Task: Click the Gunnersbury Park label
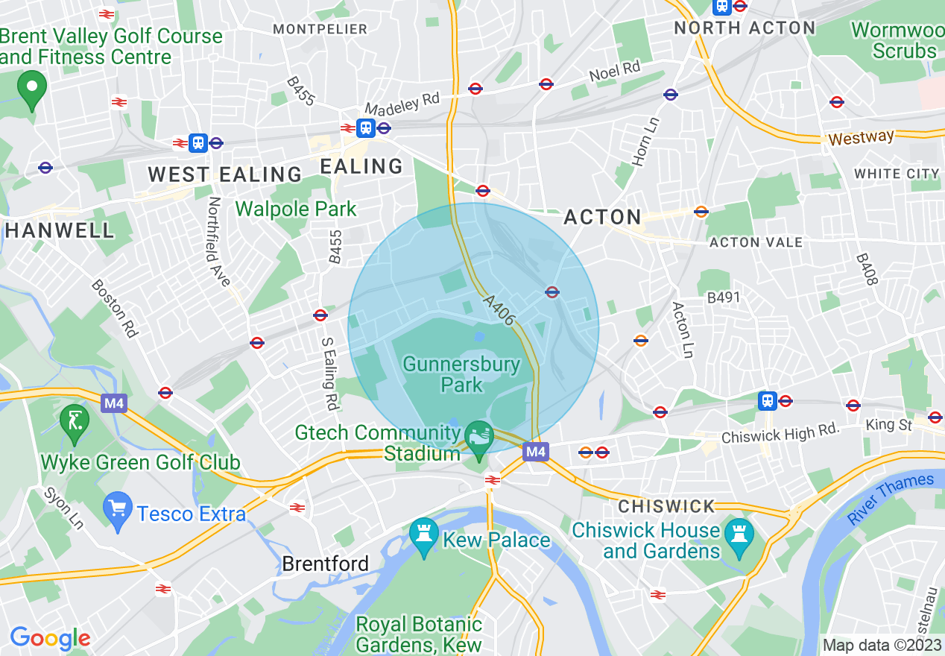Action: pyautogui.click(x=461, y=374)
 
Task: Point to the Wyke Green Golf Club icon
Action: pyautogui.click(x=75, y=423)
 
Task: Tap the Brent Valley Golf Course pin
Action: pyautogui.click(x=31, y=89)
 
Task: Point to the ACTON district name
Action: pyautogui.click(x=602, y=217)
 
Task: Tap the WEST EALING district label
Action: pyautogui.click(x=224, y=174)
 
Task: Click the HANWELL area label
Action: pyautogui.click(x=60, y=230)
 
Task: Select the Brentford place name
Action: pyautogui.click(x=325, y=564)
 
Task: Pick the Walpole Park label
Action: pyautogui.click(x=296, y=209)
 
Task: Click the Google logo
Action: pyautogui.click(x=50, y=638)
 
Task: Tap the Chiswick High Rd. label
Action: pyautogui.click(x=780, y=432)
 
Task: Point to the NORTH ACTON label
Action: pyautogui.click(x=745, y=28)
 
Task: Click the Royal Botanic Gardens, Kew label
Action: pyautogui.click(x=419, y=634)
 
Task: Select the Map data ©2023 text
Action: pyautogui.click(x=882, y=645)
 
